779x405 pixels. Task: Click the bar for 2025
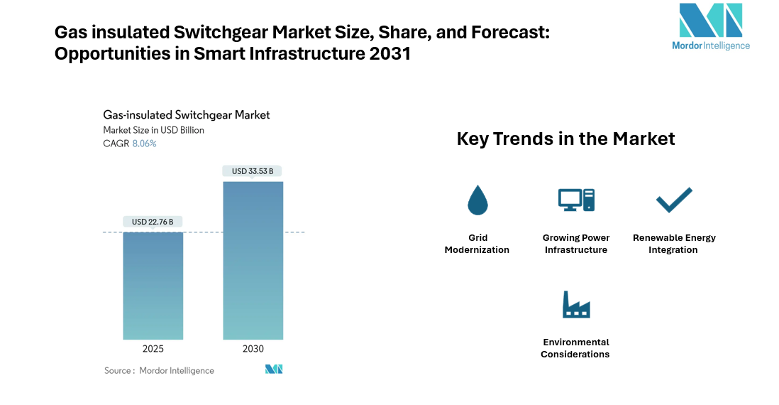[153, 286]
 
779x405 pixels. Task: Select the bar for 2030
[253, 260]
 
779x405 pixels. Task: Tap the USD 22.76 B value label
[153, 222]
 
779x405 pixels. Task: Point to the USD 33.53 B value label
[253, 171]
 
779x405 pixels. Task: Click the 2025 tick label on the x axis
[153, 349]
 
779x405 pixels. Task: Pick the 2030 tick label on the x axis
[253, 349]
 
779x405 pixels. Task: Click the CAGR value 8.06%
[145, 144]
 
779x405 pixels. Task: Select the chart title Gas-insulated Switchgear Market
[187, 115]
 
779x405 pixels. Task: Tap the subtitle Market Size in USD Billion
[153, 130]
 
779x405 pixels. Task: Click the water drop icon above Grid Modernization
[477, 200]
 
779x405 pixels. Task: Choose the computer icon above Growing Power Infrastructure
[576, 200]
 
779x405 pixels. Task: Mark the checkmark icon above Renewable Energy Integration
[674, 200]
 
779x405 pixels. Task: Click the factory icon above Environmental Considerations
[576, 305]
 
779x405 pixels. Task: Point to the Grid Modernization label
[477, 244]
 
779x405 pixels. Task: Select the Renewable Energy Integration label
[674, 244]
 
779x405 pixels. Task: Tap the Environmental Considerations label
[575, 348]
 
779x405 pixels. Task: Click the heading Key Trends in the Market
[565, 139]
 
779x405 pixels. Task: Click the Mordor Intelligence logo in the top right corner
[710, 27]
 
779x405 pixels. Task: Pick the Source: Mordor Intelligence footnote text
[159, 370]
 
